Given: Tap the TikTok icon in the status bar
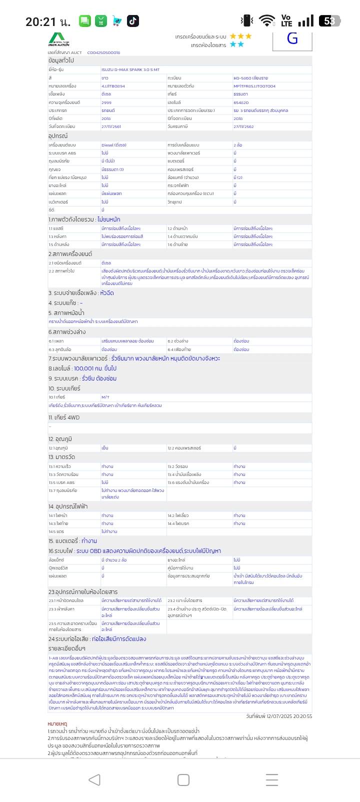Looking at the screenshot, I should pyautogui.click(x=133, y=21).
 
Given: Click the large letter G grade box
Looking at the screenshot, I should pyautogui.click(x=292, y=39).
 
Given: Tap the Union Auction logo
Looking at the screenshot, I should pyautogui.click(x=59, y=39).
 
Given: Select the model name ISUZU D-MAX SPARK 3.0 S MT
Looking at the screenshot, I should pyautogui.click(x=130, y=70).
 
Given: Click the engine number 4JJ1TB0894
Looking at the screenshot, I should pyautogui.click(x=113, y=86).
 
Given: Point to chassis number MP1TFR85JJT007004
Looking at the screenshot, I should pyautogui.click(x=254, y=86).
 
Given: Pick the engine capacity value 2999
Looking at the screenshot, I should pyautogui.click(x=106, y=102).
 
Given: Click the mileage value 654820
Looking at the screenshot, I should pyautogui.click(x=241, y=102).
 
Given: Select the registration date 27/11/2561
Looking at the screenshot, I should pyautogui.click(x=111, y=126).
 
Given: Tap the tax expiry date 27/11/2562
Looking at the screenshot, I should pyautogui.click(x=243, y=126).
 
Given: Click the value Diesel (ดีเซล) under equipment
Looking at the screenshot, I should pyautogui.click(x=114, y=145).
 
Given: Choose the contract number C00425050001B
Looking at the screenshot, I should pyautogui.click(x=104, y=52).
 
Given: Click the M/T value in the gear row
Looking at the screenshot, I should pyautogui.click(x=105, y=397).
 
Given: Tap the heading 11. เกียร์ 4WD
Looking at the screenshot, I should pyautogui.click(x=64, y=417).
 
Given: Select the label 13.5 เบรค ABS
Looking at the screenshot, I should pyautogui.click(x=61, y=482).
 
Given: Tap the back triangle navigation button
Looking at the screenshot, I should pyautogui.click(x=94, y=779).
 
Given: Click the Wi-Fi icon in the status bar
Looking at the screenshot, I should pyautogui.click(x=267, y=21).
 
